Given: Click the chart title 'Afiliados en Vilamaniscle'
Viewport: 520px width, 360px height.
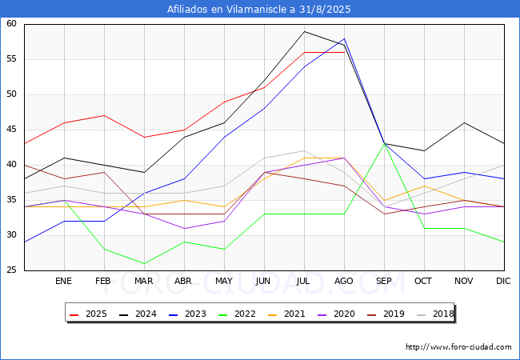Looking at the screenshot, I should click(x=259, y=10).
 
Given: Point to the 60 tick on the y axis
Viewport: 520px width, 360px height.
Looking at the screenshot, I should click(x=12, y=24).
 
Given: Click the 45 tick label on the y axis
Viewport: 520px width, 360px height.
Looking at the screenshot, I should click(x=12, y=130).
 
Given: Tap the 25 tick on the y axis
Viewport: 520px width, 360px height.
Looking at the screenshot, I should click(x=12, y=270).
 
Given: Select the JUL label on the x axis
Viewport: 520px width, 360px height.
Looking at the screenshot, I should click(x=304, y=282).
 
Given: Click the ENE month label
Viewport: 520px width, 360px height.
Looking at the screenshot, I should click(x=64, y=282).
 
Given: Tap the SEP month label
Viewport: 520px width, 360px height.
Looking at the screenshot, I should click(x=384, y=282).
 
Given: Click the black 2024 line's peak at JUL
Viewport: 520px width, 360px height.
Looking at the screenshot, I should click(x=304, y=31).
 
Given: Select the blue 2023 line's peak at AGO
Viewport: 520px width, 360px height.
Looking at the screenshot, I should click(x=344, y=38).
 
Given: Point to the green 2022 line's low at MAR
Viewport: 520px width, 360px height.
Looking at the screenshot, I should click(x=144, y=263).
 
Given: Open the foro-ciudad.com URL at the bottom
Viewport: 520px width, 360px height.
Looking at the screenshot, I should click(x=458, y=347).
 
